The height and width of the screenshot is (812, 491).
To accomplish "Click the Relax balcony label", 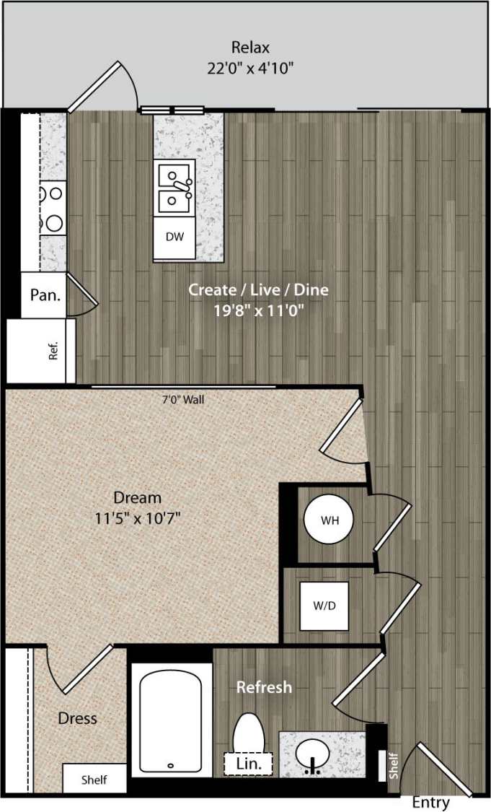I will coord(250,48).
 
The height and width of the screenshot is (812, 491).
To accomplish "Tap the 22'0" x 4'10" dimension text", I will coord(250,69).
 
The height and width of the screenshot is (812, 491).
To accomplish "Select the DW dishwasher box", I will coord(174,237).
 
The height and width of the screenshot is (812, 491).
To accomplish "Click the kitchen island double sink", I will coord(174,186).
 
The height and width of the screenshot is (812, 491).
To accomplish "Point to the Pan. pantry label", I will coord(45,294).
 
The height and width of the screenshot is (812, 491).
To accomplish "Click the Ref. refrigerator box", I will coord(41,351).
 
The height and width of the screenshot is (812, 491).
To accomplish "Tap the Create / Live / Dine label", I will coord(258,290).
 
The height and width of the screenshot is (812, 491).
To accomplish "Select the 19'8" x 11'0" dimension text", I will coord(258,312).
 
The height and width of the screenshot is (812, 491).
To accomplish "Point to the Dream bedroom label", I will coord(137,497).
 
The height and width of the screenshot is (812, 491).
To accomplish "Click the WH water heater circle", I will coord(329,519).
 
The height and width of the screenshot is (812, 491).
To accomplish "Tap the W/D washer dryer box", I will coord(324,606).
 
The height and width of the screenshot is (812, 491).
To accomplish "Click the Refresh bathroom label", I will coord(264,687).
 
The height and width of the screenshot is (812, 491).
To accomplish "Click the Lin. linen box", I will coord(248,764).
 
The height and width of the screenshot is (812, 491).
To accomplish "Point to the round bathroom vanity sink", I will coord(314,755).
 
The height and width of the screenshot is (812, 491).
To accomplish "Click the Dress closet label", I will coord(77,719).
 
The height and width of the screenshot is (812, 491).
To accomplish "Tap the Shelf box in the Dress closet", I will coord(94,780).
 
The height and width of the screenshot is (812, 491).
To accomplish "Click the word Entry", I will coord(431,802).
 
